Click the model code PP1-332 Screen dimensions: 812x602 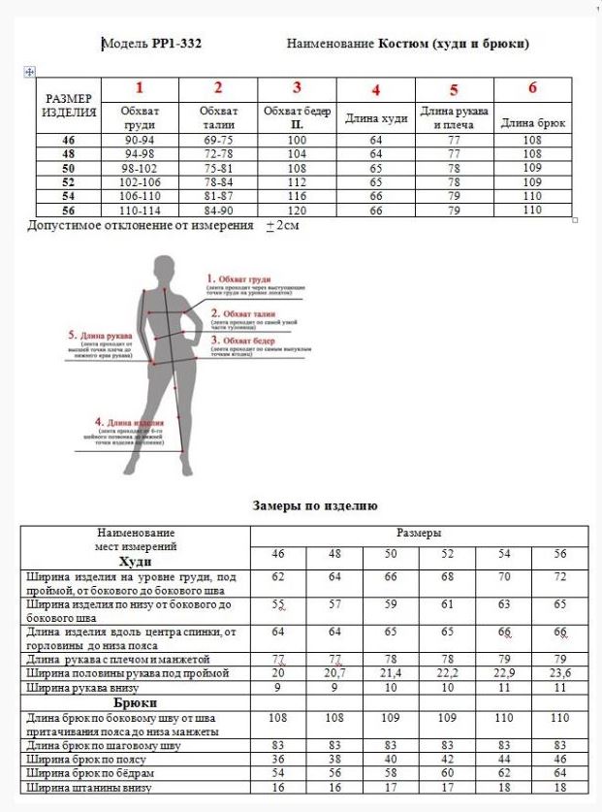(176, 44)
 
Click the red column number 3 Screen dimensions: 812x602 (298, 88)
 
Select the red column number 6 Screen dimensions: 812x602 (532, 88)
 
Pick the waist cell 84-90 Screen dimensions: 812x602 (218, 210)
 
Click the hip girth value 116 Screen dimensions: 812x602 (297, 196)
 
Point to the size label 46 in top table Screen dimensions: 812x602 (69, 140)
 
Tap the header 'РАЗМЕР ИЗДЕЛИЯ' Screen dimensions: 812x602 (69, 105)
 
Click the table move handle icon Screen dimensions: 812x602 (28, 72)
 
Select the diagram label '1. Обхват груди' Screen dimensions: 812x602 (244, 278)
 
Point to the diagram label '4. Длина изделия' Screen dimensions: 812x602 (127, 423)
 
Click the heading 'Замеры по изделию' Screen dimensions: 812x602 (314, 505)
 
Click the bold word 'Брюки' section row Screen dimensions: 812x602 (136, 702)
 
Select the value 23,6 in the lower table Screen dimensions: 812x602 (560, 672)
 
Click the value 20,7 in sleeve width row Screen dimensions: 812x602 (334, 672)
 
